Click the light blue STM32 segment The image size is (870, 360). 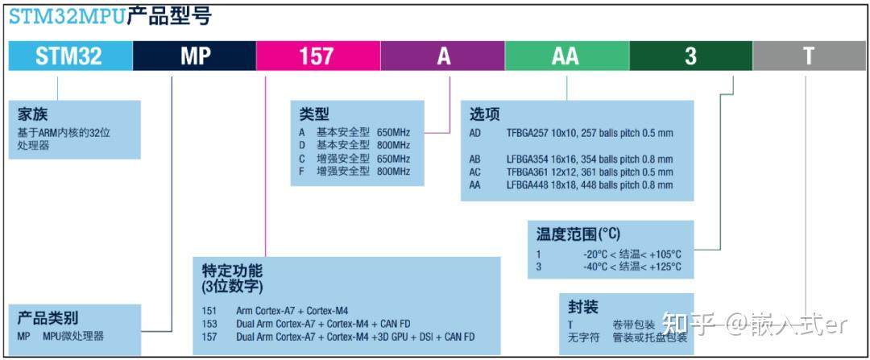[69, 56]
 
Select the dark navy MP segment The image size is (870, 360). [194, 56]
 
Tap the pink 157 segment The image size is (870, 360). [317, 56]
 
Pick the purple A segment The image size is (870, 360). [443, 56]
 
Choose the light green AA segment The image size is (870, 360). [567, 56]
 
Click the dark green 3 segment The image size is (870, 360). [690, 56]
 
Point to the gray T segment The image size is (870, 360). [808, 56]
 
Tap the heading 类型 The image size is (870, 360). [314, 114]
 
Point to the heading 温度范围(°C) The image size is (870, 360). [578, 234]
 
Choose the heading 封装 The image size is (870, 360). [583, 307]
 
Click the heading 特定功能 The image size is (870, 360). [232, 271]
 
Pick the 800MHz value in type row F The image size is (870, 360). [393, 171]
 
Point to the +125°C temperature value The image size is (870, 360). [665, 267]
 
